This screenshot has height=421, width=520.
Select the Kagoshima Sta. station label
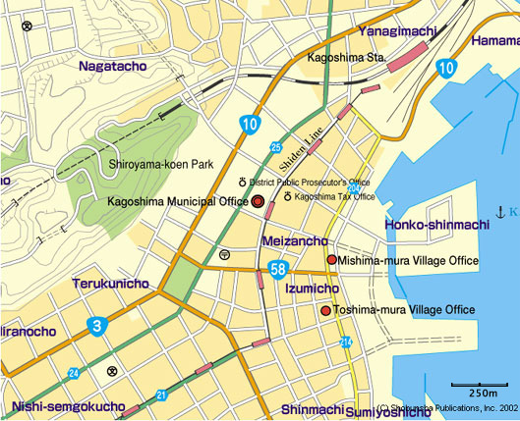[x=345, y=58]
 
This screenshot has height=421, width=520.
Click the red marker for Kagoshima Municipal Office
[x=259, y=201]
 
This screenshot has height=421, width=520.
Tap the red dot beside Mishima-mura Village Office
[x=332, y=260]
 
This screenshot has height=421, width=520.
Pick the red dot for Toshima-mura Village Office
[x=325, y=310]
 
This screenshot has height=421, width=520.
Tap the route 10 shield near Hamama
[x=446, y=67]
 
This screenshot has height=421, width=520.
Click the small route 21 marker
[x=160, y=395]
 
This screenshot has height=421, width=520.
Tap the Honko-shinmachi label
[x=436, y=225]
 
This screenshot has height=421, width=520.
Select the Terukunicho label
[x=110, y=284]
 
